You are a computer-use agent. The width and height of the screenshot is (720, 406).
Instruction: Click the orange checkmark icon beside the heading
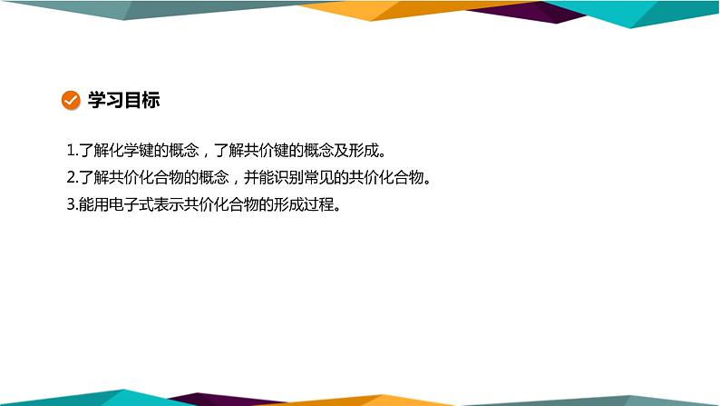69,100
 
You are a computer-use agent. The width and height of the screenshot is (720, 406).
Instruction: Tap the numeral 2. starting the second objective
73,176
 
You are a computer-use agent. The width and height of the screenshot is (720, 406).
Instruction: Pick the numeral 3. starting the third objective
73,204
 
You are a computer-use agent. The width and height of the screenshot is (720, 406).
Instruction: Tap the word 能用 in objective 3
93,204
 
